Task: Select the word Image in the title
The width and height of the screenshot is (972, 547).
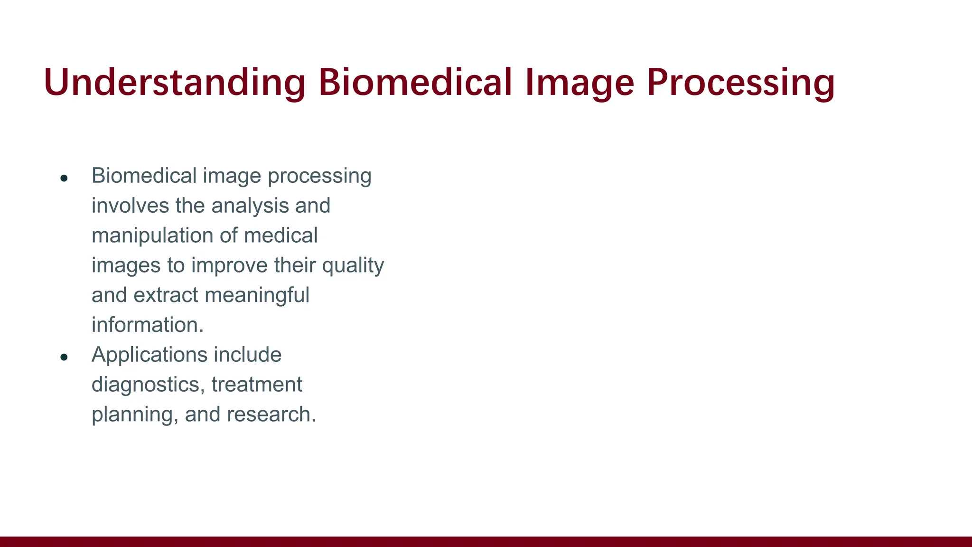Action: pyautogui.click(x=579, y=83)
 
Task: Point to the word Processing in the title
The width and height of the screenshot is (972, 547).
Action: pyautogui.click(x=740, y=83)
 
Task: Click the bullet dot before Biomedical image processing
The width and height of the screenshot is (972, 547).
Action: pyautogui.click(x=64, y=179)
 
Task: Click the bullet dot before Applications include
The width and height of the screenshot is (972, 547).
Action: pyautogui.click(x=64, y=358)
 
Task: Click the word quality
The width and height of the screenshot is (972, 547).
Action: pyautogui.click(x=353, y=265)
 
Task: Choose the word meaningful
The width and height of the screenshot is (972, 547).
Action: pyautogui.click(x=257, y=295)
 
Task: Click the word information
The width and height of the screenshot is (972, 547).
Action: pyautogui.click(x=147, y=325)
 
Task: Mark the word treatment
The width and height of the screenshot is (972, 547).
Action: pyautogui.click(x=257, y=385)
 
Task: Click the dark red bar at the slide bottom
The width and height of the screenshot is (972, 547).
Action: pyautogui.click(x=486, y=541)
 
